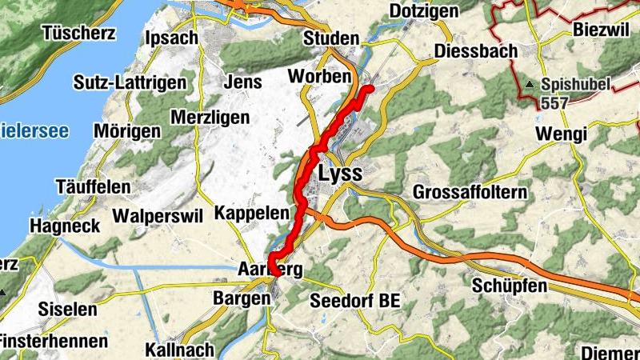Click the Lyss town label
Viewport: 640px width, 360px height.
[340, 174]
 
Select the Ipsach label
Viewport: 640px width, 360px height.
[171, 38]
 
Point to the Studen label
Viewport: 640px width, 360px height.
[330, 38]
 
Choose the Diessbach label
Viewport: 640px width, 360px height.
[477, 50]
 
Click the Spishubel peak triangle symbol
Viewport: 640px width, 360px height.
[530, 83]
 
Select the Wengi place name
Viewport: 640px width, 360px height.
[562, 134]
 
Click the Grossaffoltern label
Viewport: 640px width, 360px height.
[470, 193]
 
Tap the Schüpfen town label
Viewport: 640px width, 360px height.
[509, 286]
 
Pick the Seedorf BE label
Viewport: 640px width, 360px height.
[354, 301]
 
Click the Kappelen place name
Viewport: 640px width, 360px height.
[251, 214]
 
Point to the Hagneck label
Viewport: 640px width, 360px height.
[66, 226]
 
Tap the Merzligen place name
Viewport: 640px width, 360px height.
[210, 118]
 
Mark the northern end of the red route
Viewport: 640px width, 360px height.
[370, 88]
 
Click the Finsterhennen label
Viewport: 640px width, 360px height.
[54, 341]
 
